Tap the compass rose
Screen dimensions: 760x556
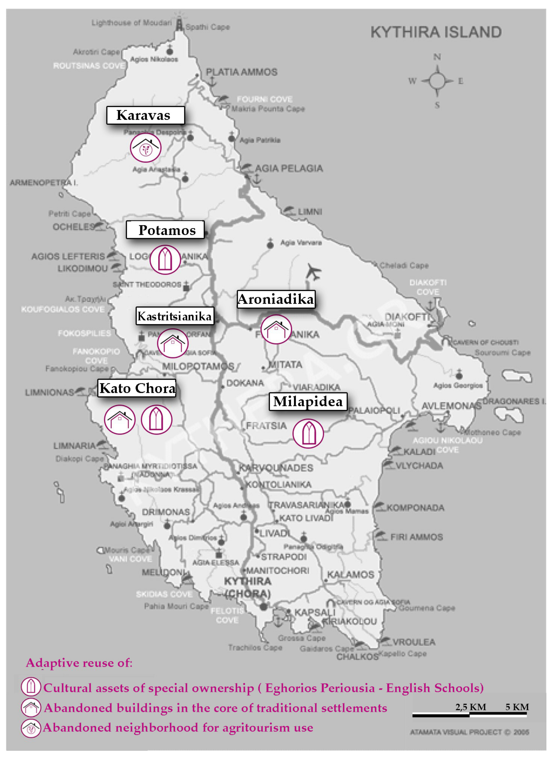pyautogui.click(x=437, y=81)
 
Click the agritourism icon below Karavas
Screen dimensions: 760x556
pyautogui.click(x=146, y=147)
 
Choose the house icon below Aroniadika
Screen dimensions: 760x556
pyautogui.click(x=276, y=329)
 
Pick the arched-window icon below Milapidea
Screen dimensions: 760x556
pyautogui.click(x=308, y=433)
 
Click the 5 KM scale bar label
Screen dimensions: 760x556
pyautogui.click(x=517, y=707)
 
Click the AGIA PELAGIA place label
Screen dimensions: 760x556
pyautogui.click(x=289, y=168)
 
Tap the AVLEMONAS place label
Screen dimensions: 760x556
pyautogui.click(x=451, y=406)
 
